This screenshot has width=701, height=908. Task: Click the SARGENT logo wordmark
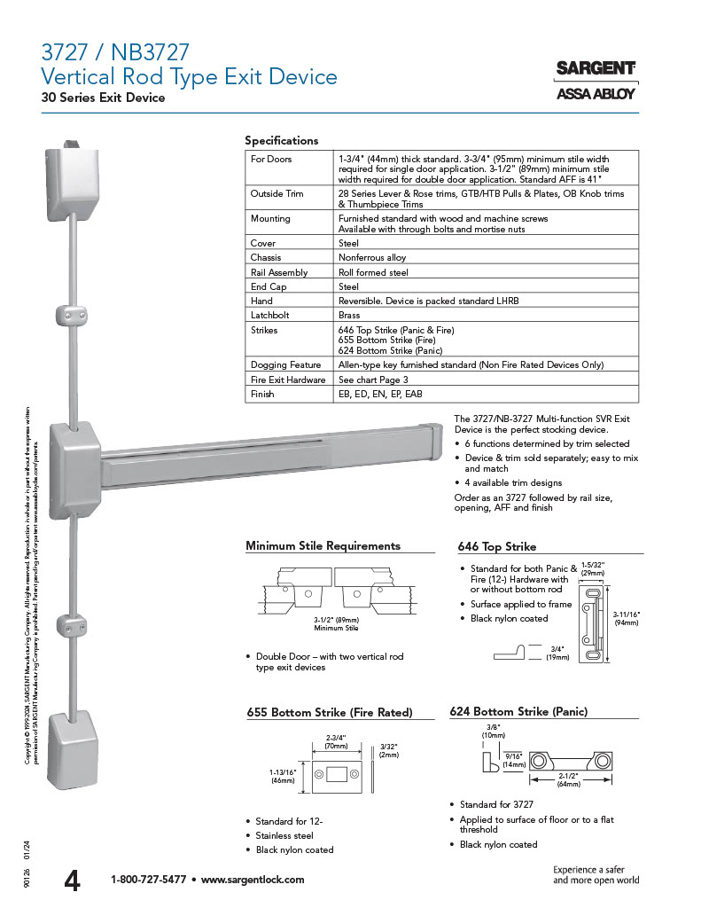pyautogui.click(x=596, y=68)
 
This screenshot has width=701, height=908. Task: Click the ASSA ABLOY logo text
pyautogui.click(x=596, y=94)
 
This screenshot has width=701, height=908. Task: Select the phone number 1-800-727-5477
pyautogui.click(x=148, y=880)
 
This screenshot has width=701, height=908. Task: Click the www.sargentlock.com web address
pyautogui.click(x=253, y=880)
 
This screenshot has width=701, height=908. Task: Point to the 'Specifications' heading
pyautogui.click(x=281, y=140)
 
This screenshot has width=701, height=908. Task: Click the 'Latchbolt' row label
pyautogui.click(x=269, y=315)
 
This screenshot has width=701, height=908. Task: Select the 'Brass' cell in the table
pyautogui.click(x=349, y=315)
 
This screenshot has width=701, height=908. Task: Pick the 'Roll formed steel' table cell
pyautogui.click(x=373, y=272)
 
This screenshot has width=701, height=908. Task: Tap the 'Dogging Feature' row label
pyautogui.click(x=285, y=364)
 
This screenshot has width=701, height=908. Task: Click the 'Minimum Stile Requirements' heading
pyautogui.click(x=323, y=545)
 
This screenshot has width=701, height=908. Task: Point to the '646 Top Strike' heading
pyautogui.click(x=496, y=546)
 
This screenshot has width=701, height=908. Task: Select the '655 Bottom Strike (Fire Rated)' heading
pyautogui.click(x=329, y=712)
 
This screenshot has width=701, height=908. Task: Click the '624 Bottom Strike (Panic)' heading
pyautogui.click(x=518, y=711)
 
